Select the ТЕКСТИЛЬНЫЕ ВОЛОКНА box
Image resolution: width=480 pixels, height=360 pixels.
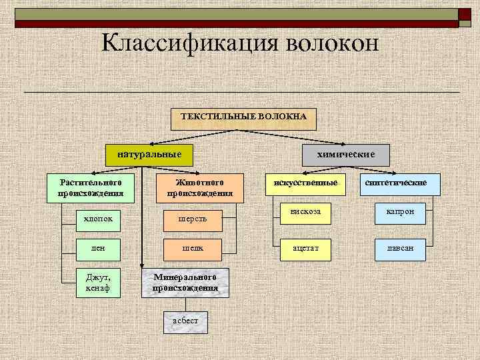243,117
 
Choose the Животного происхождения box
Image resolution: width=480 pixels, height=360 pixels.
199,188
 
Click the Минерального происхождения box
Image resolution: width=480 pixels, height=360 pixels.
185,283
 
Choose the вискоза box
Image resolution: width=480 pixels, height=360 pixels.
305,212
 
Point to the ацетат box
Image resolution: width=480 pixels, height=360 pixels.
305,247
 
